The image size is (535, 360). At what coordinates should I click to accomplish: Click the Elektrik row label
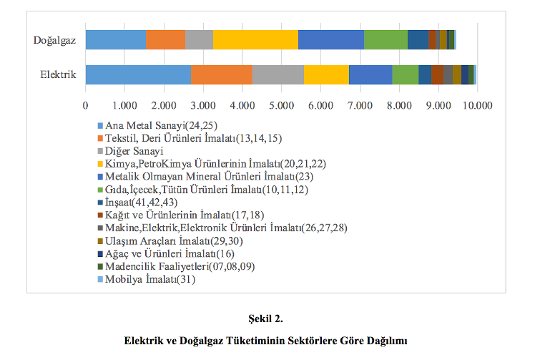(x=58, y=74)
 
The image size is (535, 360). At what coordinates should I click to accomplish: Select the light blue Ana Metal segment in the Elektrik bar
(x=138, y=74)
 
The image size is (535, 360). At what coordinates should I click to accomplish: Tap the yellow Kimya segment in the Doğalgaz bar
(x=255, y=40)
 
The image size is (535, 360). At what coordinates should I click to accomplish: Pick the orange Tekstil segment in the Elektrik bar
(x=222, y=74)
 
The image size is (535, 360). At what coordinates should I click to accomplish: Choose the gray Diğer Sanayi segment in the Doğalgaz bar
(x=199, y=40)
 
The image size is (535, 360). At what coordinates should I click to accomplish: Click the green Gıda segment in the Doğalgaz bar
(x=386, y=40)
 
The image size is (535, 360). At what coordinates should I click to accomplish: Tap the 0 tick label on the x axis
(x=86, y=105)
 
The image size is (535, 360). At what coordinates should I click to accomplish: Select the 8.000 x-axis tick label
(x=399, y=105)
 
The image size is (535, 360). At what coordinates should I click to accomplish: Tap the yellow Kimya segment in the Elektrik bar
(x=326, y=74)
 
